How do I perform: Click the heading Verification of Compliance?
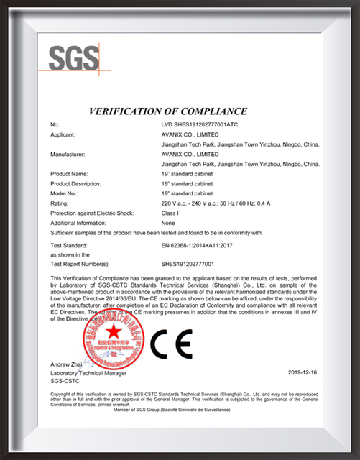click(x=167, y=111)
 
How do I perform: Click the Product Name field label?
click(x=70, y=174)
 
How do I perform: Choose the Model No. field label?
click(x=65, y=194)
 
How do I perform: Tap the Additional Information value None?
click(x=170, y=224)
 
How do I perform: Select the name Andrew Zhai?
click(x=68, y=366)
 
